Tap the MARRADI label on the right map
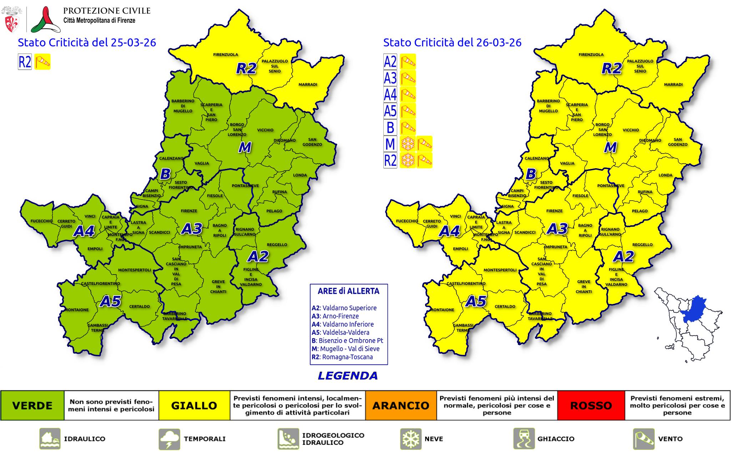(673, 85)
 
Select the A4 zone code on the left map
(84, 231)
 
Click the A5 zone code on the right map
(476, 302)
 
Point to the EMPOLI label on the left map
(95, 249)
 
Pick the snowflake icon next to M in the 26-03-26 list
(408, 144)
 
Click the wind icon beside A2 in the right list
(408, 62)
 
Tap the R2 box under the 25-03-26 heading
(25, 62)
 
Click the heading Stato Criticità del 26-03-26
(452, 42)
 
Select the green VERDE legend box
(32, 406)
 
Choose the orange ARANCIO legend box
(401, 406)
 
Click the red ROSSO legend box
(591, 406)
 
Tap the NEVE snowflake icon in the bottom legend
(410, 439)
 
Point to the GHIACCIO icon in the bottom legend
(524, 439)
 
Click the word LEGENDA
(347, 376)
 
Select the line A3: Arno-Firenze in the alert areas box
(335, 316)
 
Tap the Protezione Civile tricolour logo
(46, 20)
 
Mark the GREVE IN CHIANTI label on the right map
(584, 286)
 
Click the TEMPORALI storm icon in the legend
(169, 439)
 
